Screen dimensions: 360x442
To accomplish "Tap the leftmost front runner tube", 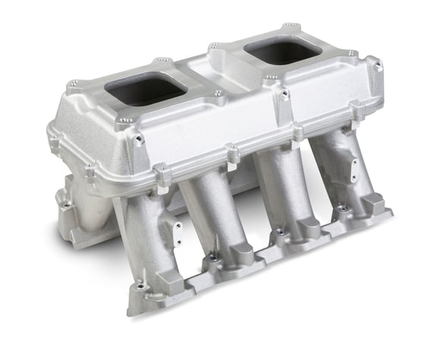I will (145, 235).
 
